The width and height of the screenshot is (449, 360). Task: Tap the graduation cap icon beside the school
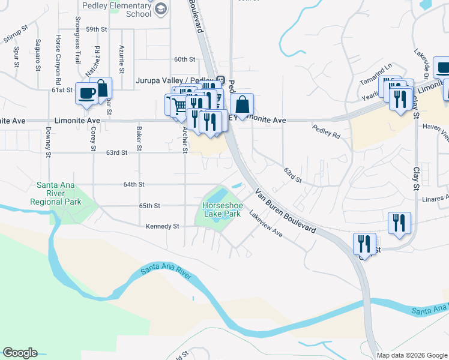[160, 8]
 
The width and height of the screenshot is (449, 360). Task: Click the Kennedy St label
[163, 226]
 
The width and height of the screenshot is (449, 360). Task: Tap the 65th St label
[149, 206]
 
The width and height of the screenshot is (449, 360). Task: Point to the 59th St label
[96, 29]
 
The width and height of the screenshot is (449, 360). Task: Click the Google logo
[20, 353]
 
